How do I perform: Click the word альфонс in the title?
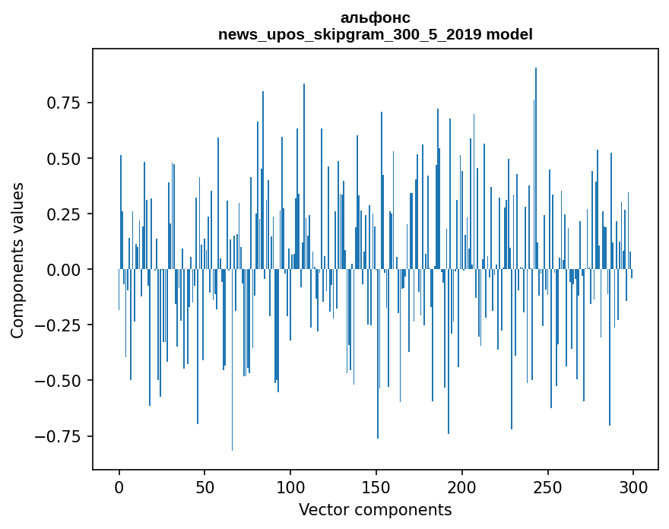click(376, 17)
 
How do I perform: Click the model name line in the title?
click(376, 34)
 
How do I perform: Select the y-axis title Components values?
click(17, 260)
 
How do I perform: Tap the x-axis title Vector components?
click(376, 510)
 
